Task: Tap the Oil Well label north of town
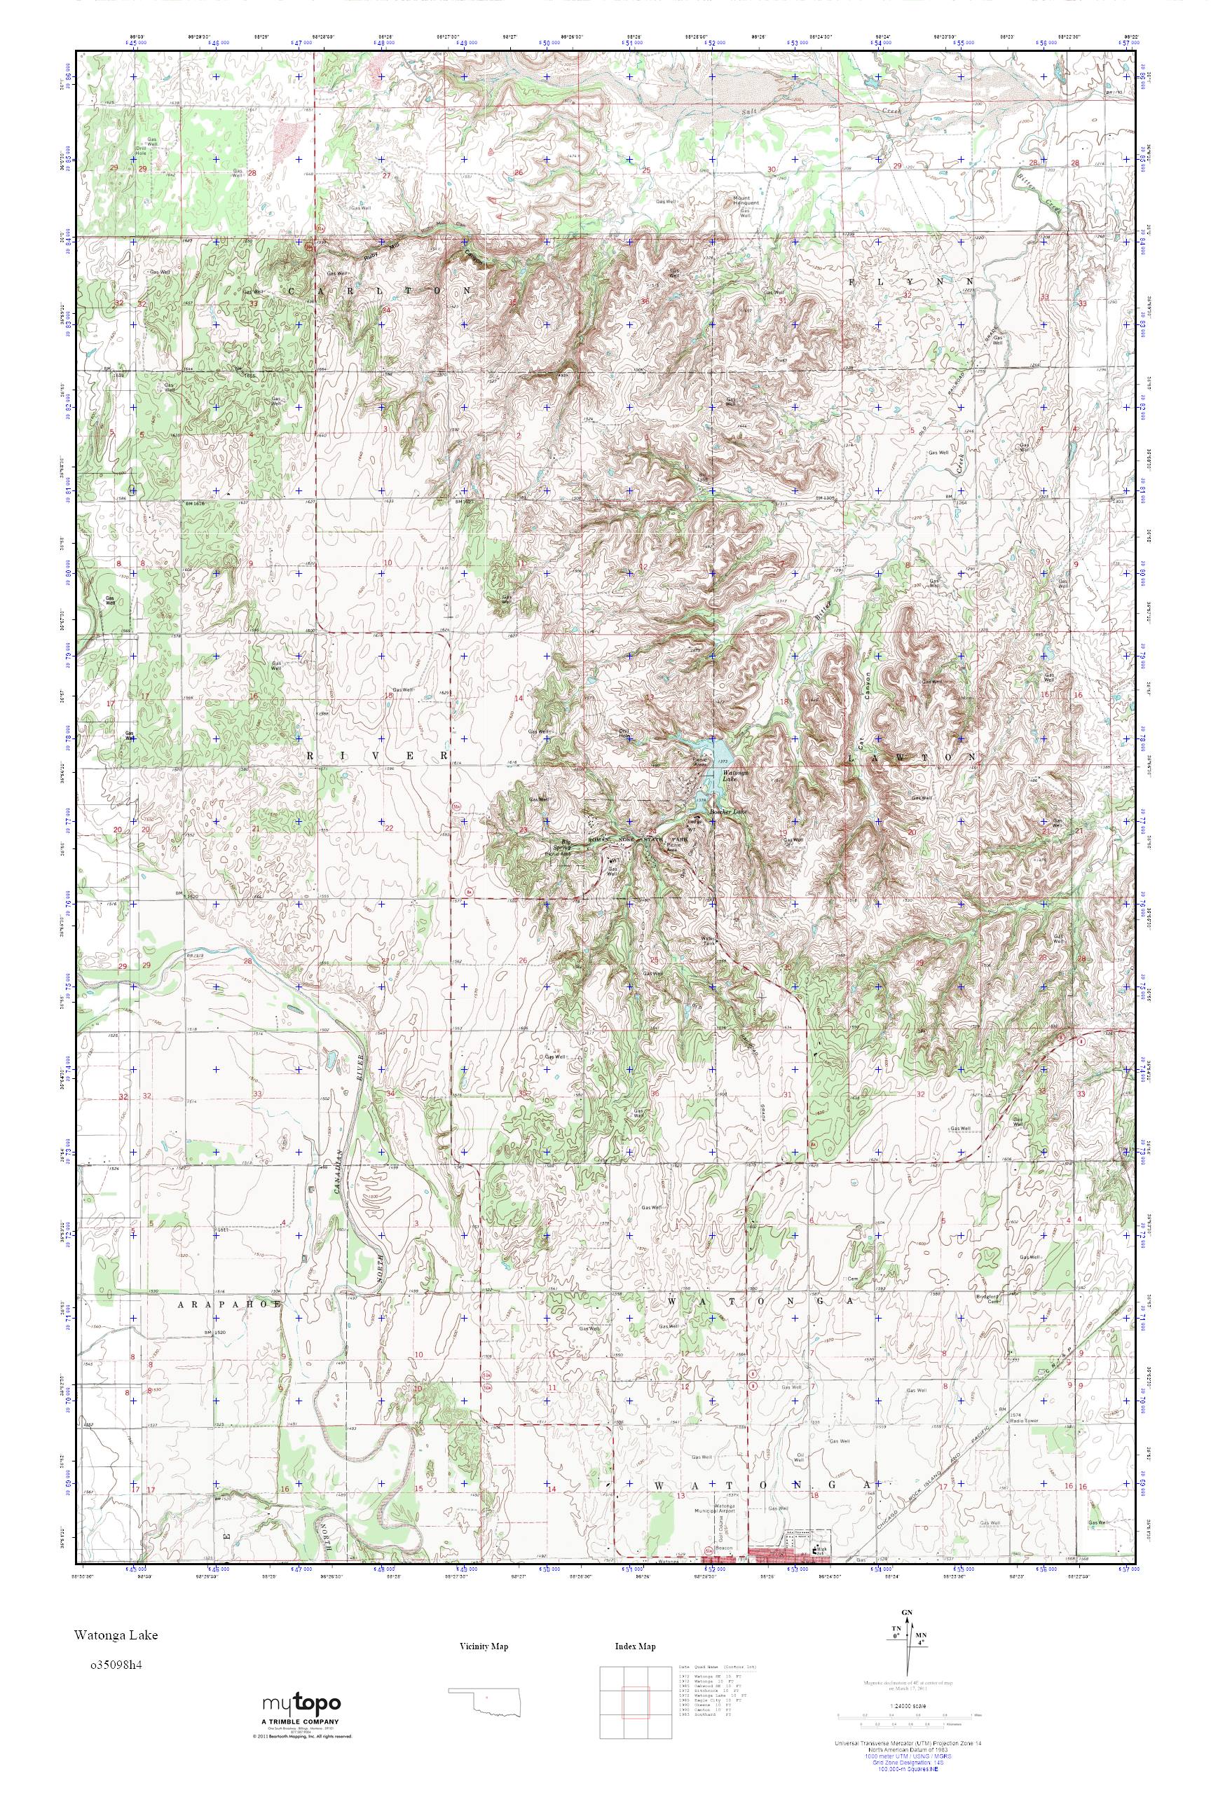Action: point(800,1456)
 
